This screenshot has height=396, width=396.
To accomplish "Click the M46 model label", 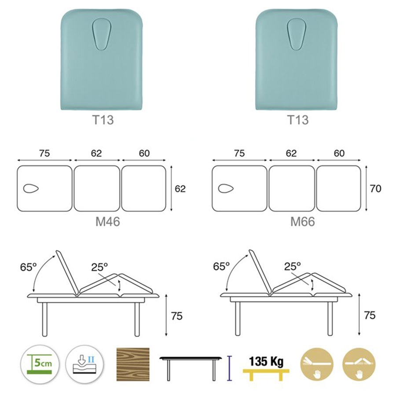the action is [x=108, y=221].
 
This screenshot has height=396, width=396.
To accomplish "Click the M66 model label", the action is [x=303, y=221].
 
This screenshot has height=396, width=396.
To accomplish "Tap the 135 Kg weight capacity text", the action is [x=266, y=361].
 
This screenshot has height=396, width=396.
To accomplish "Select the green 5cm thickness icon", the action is [x=40, y=364].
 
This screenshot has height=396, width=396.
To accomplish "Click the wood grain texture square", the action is [x=133, y=364].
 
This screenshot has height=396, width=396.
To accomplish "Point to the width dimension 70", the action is [x=376, y=188].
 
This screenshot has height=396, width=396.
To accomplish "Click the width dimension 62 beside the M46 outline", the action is [x=180, y=189].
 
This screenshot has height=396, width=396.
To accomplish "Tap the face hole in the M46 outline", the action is [x=31, y=188].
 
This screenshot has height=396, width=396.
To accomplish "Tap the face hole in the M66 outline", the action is [x=226, y=188].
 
